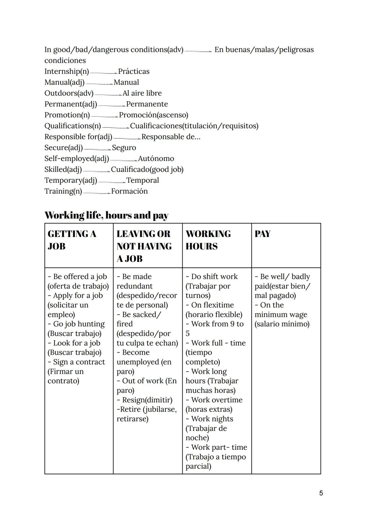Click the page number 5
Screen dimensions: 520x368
pos(321,493)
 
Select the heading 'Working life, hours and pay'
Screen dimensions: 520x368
pos(106,216)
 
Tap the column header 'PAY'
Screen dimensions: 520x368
pos(262,234)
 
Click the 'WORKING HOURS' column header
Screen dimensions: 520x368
pos(208,240)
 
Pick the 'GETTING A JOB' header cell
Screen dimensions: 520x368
pos(72,240)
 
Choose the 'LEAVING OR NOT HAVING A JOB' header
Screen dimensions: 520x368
pos(144,246)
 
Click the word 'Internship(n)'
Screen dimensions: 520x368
pos(67,72)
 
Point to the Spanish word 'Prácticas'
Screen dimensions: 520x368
pos(134,72)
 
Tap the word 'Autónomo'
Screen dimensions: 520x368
pos(156,159)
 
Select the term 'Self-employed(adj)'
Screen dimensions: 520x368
pos(77,159)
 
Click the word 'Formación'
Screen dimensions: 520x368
pos(129,191)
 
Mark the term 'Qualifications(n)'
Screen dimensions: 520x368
pos(73,126)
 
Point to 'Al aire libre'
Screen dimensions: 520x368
pos(142,93)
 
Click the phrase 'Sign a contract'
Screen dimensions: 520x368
pos(79,362)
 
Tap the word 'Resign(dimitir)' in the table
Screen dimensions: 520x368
pos(147,400)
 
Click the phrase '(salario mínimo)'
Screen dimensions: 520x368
pos(282,324)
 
